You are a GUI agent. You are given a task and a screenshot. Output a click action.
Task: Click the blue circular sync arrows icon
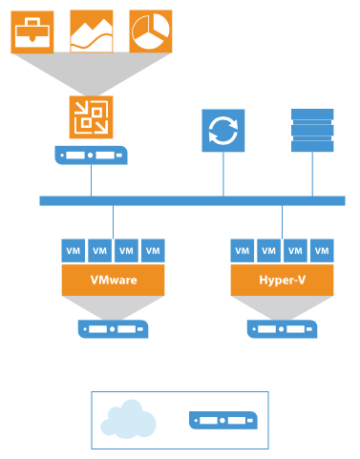223,131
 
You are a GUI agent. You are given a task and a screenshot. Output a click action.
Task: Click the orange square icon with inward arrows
92,118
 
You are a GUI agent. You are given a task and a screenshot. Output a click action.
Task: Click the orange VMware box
114,281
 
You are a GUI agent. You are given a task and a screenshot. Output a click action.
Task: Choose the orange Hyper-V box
283,281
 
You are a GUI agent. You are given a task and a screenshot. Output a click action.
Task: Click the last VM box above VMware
153,251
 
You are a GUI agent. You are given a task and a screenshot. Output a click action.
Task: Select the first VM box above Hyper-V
243,251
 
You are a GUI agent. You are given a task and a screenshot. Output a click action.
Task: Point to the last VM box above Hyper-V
323,251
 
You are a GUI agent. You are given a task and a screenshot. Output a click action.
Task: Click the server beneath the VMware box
114,329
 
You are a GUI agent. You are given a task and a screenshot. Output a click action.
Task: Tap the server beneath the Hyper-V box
283,329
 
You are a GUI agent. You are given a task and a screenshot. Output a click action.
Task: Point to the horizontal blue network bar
191,200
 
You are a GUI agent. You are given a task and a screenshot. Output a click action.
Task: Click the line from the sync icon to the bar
223,174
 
